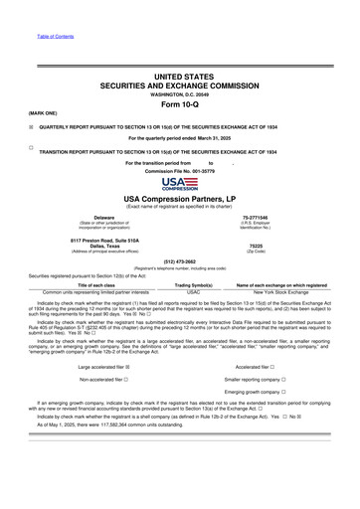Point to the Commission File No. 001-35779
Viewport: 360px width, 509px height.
pyautogui.click(x=179, y=170)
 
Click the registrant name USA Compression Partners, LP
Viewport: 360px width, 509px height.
pyautogui.click(x=179, y=199)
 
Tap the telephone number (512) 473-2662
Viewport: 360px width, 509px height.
pyautogui.click(x=179, y=263)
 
